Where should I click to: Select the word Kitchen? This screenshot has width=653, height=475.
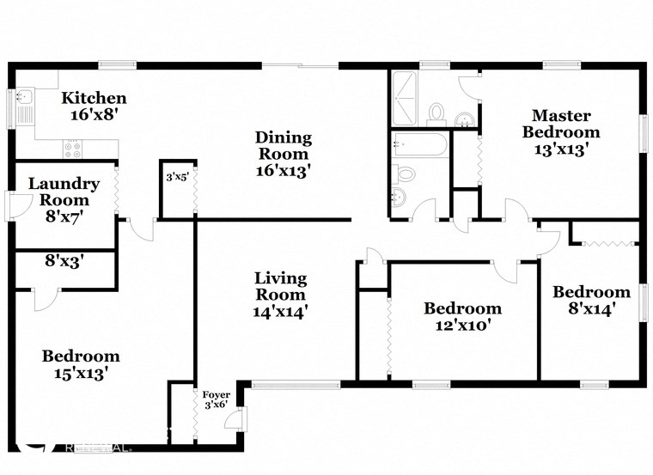(94, 98)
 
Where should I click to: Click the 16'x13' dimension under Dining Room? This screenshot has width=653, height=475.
(283, 171)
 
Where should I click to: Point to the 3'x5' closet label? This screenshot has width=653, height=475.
(176, 178)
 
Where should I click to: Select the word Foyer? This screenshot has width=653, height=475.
(216, 394)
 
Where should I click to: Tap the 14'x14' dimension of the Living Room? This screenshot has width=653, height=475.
(280, 312)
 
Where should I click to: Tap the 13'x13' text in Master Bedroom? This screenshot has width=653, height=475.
(561, 149)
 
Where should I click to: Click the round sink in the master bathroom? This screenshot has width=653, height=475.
(464, 119)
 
